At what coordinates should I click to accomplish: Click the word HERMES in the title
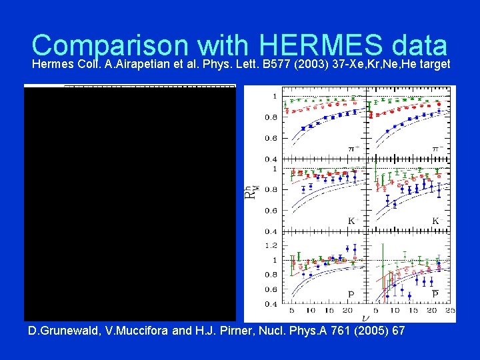click(318, 45)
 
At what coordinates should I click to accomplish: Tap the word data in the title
click(419, 45)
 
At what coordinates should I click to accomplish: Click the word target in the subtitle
click(434, 65)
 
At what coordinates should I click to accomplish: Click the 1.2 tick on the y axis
click(273, 245)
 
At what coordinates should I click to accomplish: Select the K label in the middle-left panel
click(351, 220)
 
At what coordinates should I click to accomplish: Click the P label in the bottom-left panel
click(351, 294)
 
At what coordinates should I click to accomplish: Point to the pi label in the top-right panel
click(437, 147)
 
